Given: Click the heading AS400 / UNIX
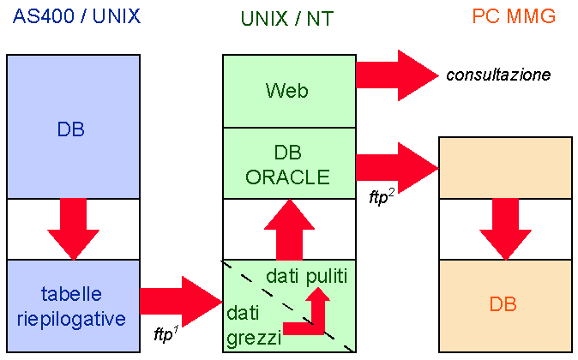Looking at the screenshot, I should [76, 16].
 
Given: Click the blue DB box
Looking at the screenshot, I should [72, 129].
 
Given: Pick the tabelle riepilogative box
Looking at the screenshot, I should [73, 306].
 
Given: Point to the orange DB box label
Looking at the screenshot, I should [503, 304].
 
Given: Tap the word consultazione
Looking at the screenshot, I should [498, 75].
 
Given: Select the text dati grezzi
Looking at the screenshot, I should [253, 326].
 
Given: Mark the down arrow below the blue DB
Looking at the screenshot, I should [73, 227].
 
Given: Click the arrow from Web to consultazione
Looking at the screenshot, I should [395, 75].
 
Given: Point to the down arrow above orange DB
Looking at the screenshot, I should [505, 227].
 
